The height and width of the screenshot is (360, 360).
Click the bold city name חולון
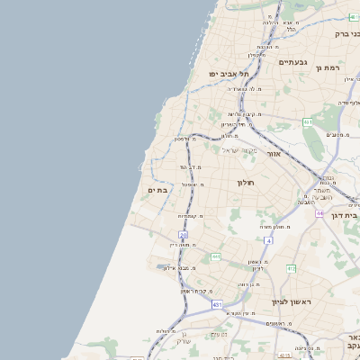(x=246, y=183)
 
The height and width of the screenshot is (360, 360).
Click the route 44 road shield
(x=319, y=213)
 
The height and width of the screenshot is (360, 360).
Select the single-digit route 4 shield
(x=268, y=240)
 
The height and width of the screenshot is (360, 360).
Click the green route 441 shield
(x=215, y=257)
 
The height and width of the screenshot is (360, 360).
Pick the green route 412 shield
(x=291, y=268)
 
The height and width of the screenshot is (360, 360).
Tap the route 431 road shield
(x=217, y=305)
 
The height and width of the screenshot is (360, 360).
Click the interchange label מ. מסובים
(x=339, y=134)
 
